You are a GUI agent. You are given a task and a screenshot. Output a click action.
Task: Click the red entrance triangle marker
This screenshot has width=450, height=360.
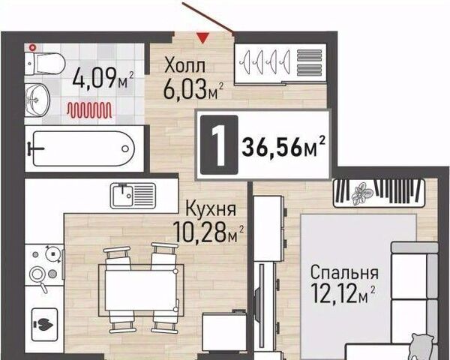202,38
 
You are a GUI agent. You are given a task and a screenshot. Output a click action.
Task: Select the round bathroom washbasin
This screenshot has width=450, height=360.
37,100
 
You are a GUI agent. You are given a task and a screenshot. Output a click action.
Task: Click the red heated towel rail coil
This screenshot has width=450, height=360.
89,110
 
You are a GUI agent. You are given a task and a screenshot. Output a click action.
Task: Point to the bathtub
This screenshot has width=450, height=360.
84,148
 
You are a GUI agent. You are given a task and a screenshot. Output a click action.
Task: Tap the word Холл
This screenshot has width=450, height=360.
184,66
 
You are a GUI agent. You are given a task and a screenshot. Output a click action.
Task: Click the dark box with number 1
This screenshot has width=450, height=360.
219,145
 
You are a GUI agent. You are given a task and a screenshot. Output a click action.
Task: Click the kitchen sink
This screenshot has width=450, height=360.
133,196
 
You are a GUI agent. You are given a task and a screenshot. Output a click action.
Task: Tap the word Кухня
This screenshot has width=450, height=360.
211,208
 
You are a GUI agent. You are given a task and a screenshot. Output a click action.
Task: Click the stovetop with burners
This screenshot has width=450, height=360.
44,265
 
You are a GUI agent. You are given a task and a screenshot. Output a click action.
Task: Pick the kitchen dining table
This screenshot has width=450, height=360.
141,290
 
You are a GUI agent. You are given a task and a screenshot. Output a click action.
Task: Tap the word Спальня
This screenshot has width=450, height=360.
344,272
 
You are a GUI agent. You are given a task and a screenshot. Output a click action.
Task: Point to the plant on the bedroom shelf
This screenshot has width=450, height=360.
362,193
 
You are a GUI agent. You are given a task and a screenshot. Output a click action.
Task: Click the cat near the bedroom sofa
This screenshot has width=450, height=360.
421,346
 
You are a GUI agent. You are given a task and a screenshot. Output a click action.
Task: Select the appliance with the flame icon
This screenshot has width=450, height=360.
44,325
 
